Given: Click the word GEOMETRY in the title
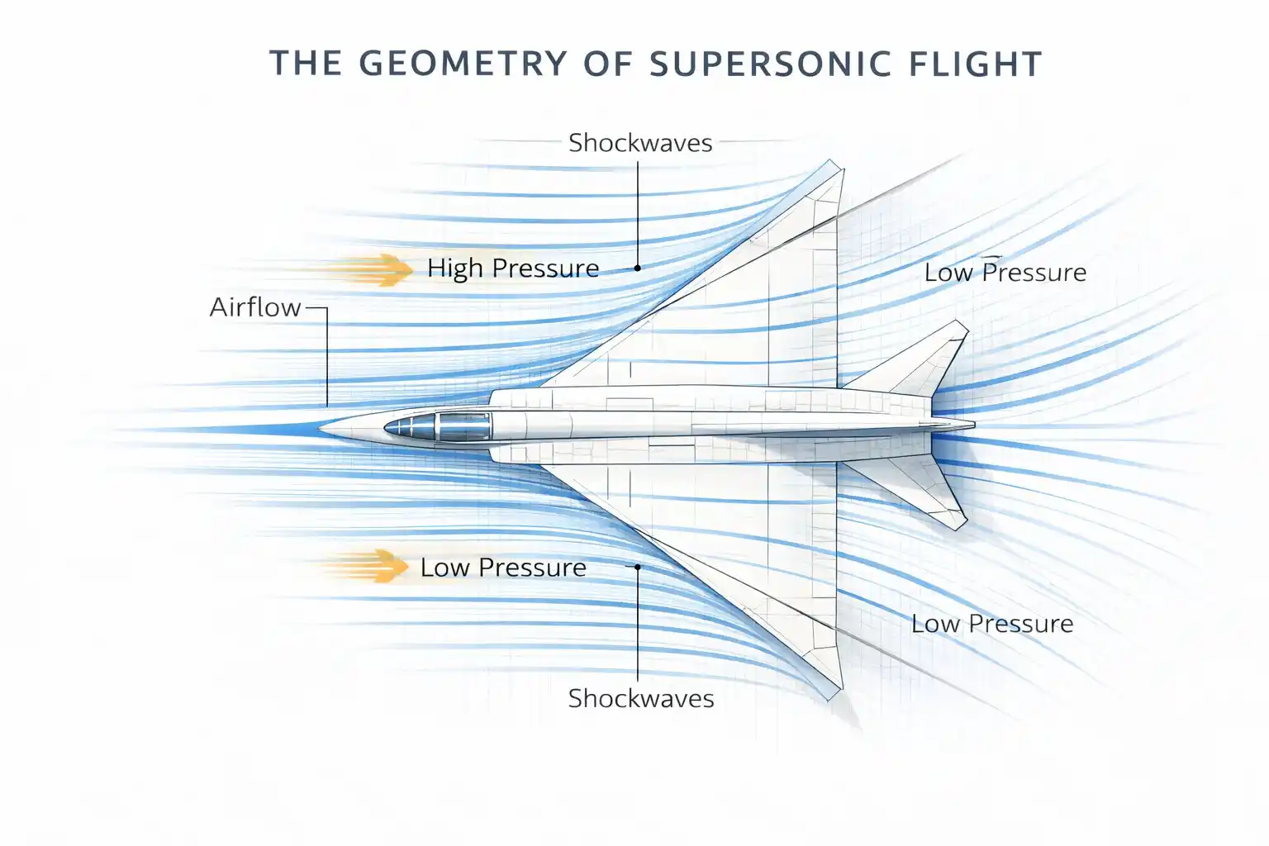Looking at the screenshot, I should click(x=463, y=64).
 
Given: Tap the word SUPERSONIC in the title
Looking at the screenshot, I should click(x=759, y=64).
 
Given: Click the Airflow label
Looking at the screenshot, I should click(x=254, y=307).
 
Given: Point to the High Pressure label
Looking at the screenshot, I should click(x=513, y=269).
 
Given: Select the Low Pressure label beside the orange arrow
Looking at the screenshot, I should click(x=503, y=568).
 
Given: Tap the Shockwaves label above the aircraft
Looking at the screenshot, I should click(x=640, y=143).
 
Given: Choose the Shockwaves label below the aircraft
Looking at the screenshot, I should click(x=641, y=699).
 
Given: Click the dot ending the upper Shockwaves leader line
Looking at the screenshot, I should click(x=638, y=268).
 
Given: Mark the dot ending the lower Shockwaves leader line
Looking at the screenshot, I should click(x=638, y=567).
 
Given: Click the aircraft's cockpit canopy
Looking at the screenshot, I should click(x=438, y=426).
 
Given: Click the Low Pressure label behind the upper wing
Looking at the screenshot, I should click(x=1005, y=273).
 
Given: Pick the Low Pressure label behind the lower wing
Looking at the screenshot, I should click(x=992, y=624).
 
